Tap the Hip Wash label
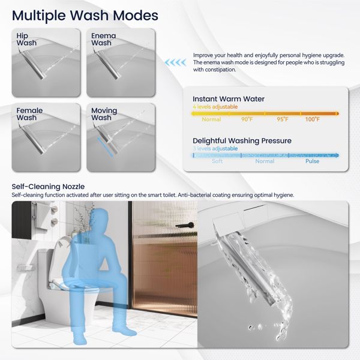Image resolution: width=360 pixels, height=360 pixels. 26,40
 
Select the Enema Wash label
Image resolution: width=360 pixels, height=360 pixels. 104,40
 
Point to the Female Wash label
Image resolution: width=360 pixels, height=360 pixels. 29,114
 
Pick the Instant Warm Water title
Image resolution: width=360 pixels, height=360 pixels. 228,99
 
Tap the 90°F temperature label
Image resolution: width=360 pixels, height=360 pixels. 247,119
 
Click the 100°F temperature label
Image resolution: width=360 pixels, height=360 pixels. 313,119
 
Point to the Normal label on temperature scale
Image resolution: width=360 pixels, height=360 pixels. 211,119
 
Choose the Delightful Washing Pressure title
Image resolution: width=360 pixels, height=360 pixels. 242,141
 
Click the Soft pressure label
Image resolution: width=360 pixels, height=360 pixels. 218,161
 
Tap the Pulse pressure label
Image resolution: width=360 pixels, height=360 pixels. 312,161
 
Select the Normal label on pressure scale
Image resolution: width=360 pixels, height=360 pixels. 265,161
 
